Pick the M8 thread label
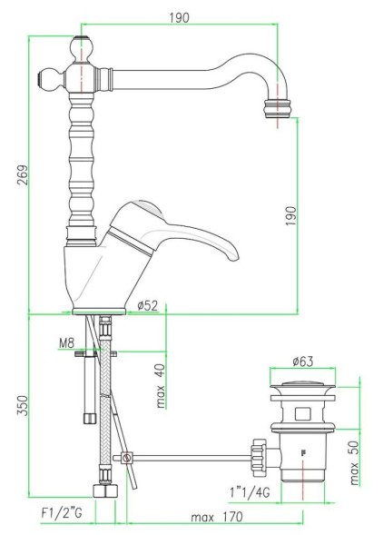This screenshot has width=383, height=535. [x=64, y=343]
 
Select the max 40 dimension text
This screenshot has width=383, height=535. [x=161, y=386]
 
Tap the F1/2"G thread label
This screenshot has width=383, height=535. [x=63, y=514]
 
